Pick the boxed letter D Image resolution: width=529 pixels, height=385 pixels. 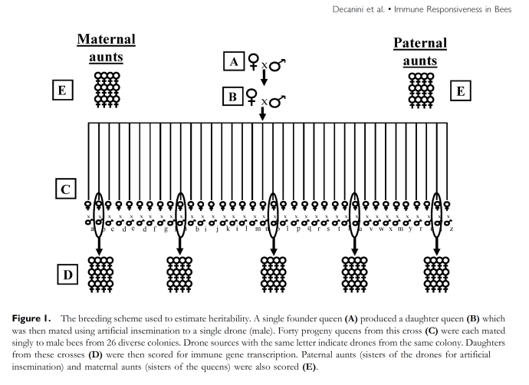pyautogui.click(x=67, y=273)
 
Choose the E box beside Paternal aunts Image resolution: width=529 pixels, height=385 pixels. pyautogui.click(x=460, y=91)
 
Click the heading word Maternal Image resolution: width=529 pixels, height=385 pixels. pyautogui.click(x=106, y=39)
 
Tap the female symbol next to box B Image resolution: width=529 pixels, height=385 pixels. pyautogui.click(x=250, y=97)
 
